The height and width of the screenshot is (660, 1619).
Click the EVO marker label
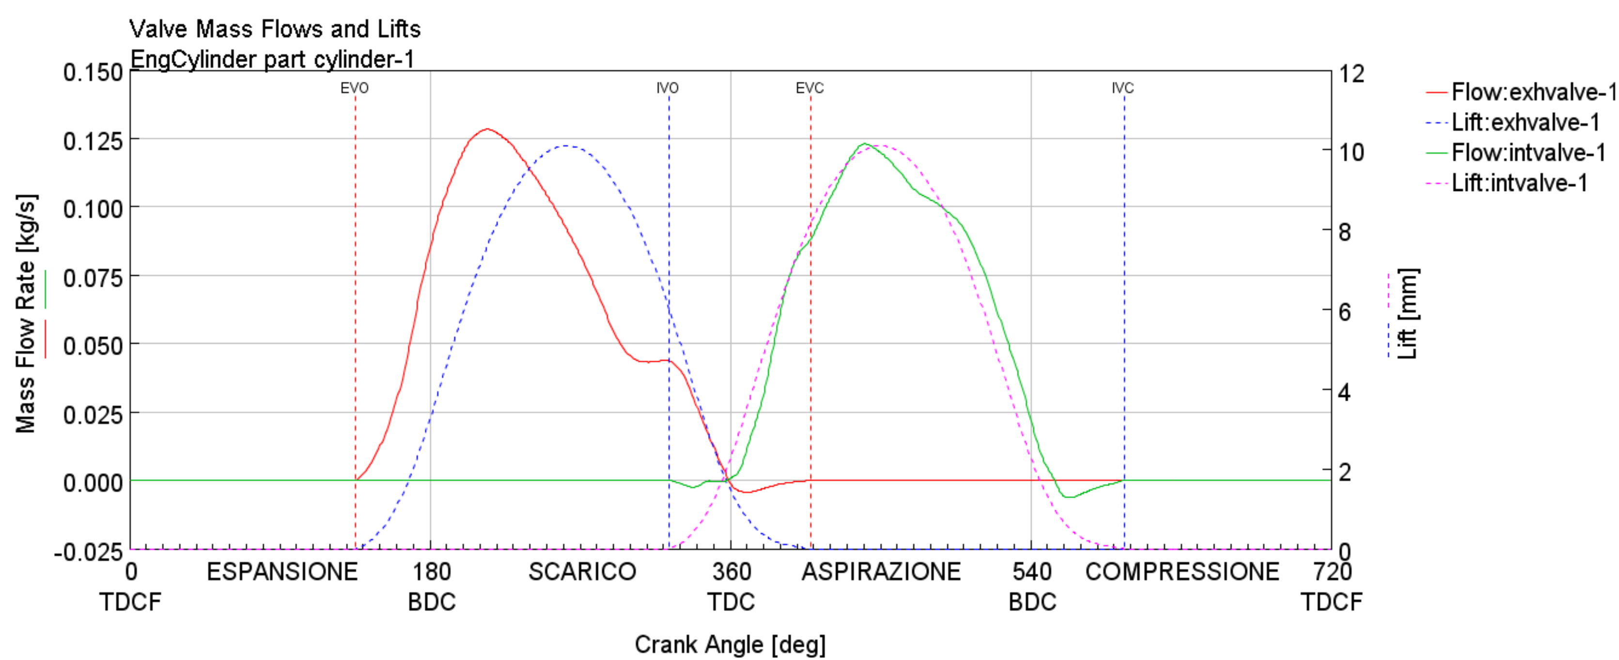tap(355, 88)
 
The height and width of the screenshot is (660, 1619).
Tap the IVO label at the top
tap(668, 88)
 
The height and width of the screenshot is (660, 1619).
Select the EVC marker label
tap(809, 88)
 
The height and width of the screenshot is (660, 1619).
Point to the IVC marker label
tap(1122, 88)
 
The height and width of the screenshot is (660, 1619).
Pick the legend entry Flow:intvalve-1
tap(1528, 153)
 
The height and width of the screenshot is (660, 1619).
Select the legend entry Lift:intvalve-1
tap(1519, 183)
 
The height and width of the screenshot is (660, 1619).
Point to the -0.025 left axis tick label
tap(89, 552)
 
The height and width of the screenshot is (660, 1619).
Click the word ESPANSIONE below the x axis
tap(282, 572)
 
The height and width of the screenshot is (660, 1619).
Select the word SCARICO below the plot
tap(582, 572)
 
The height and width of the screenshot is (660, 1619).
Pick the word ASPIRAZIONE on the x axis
tap(881, 572)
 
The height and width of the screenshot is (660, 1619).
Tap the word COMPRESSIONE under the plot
tap(1182, 572)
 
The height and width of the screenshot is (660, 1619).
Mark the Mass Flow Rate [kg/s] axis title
tap(26, 313)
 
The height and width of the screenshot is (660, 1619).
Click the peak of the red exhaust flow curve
tap(487, 129)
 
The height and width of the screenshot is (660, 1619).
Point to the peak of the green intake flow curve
tap(865, 144)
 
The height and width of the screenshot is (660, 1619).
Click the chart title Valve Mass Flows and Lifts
tap(275, 29)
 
